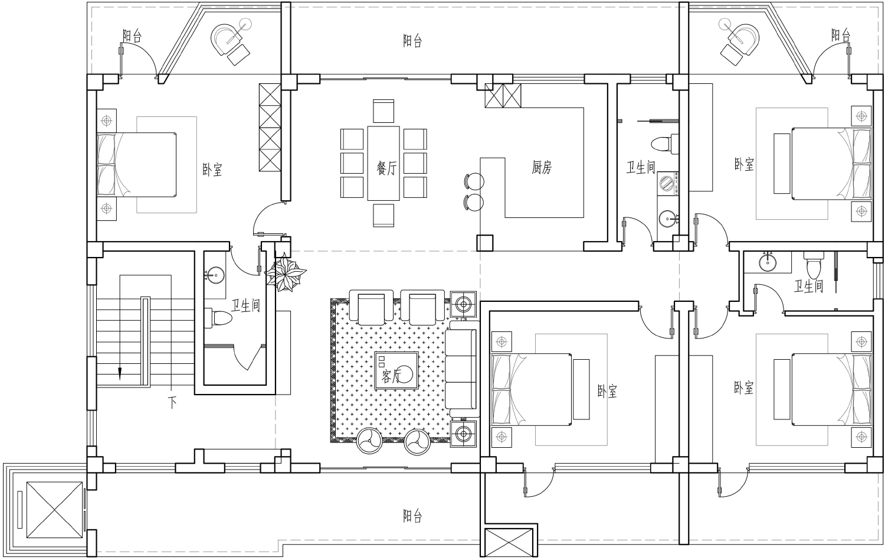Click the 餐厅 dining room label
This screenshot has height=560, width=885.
386,168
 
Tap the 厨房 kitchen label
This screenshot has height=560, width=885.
541,167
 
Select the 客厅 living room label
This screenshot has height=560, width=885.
391,376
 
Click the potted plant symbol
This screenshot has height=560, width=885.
285,274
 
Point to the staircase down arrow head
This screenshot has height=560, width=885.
120,373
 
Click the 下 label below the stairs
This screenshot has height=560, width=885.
172,403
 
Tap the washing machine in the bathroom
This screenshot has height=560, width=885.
668,184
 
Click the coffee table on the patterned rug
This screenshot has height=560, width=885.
396,370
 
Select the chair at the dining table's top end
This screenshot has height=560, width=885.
383,111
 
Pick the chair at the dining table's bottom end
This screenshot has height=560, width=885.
383,215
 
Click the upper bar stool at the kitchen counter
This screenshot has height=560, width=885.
474,181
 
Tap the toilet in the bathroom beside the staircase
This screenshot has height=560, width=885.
218,318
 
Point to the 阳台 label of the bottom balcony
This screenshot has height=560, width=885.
412,516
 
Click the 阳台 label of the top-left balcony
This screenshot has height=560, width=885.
132,35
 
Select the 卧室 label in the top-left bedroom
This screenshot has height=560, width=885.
212,170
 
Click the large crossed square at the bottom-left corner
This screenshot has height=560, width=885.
54,510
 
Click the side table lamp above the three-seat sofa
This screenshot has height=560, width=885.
463,304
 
